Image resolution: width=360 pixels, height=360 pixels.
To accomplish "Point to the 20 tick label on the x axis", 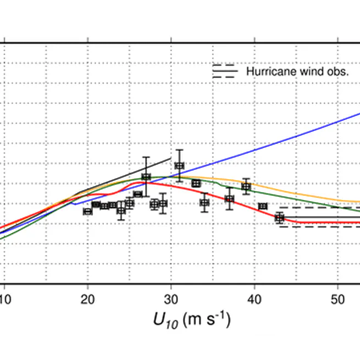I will coord(87,300).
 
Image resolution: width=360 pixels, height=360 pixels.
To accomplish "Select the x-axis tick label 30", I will coord(171,300).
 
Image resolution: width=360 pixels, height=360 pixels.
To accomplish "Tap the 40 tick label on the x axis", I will coord(254,300).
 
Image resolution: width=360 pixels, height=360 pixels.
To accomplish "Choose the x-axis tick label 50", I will coord(337,300).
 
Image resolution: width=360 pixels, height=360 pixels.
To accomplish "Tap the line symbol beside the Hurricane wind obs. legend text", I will coord(224,71).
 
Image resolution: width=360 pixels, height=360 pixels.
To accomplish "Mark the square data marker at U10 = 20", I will coord(87,211).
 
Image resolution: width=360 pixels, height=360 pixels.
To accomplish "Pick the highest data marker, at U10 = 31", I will coord(179,165).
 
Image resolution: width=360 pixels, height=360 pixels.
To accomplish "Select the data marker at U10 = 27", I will coord(146,176).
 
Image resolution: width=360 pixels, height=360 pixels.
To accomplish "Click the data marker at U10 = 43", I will coord(279,218).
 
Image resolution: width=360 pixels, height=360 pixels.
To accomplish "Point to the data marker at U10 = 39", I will coord(246,186).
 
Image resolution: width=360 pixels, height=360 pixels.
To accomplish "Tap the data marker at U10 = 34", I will coord(204,202).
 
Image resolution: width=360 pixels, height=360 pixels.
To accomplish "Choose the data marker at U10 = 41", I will coord(263,206).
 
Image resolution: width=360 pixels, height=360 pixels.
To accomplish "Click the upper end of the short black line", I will coord(170,158).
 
